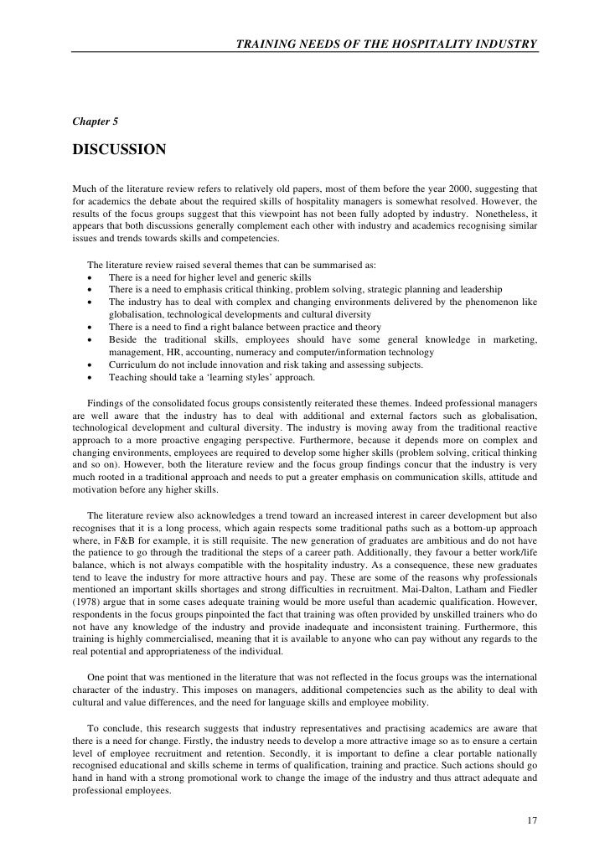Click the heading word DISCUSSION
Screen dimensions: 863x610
(x=119, y=151)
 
